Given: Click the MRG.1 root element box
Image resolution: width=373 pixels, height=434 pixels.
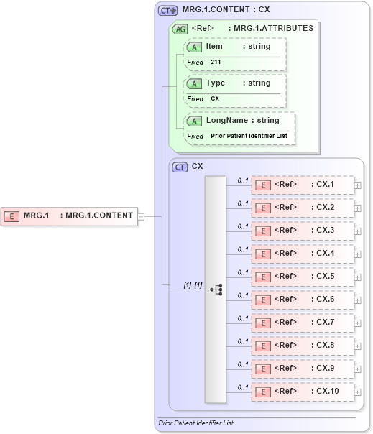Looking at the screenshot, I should [69, 215].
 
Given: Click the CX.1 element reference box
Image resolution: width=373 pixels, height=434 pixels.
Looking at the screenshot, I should [302, 185].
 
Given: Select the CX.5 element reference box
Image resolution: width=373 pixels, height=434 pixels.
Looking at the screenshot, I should [302, 277].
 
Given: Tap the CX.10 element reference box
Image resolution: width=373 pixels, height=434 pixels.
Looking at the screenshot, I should [302, 392].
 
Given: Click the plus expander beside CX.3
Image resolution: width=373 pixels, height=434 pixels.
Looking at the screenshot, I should [357, 231].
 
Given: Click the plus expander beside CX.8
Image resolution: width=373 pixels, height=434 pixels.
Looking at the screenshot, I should [357, 346].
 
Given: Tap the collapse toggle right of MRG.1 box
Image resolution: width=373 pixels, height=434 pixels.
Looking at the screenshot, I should [141, 216].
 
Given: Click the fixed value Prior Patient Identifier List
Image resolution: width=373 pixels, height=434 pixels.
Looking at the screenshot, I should [248, 136].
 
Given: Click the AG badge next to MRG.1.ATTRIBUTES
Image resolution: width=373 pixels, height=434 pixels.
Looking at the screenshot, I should [179, 29].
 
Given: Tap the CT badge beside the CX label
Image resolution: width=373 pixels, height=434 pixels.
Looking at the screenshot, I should [180, 167].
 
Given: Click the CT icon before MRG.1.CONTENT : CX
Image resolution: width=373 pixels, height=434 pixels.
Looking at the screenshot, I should [167, 11].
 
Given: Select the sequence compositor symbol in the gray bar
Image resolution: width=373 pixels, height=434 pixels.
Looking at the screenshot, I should [216, 290].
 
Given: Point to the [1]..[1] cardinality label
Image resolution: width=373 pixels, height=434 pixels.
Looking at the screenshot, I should [192, 285].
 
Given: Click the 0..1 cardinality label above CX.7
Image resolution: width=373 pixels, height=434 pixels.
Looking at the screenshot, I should [243, 318].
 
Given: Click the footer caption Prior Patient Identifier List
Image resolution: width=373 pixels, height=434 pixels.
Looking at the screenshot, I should [195, 423].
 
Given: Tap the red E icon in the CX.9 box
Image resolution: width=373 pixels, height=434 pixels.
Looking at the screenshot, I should [264, 369].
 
